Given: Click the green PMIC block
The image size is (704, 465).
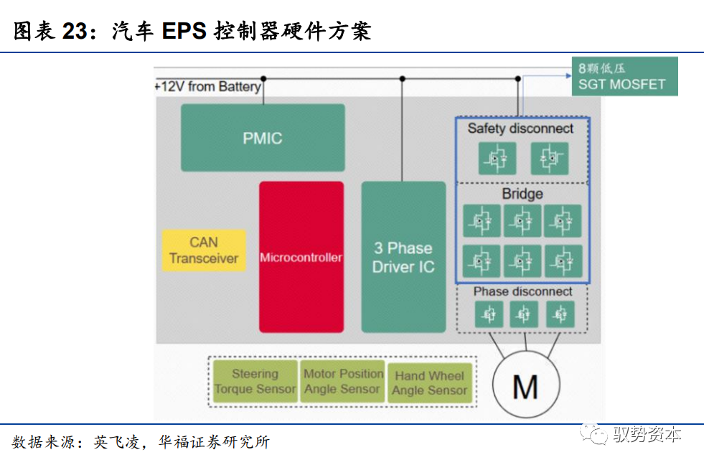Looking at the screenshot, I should tap(263, 138).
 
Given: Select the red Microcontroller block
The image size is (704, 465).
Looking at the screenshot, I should tap(301, 257).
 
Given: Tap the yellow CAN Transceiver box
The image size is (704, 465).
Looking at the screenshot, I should tap(204, 250).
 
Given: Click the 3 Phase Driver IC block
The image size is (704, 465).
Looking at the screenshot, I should tap(403, 257).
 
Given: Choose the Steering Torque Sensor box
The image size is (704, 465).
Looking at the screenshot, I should tap(255, 381).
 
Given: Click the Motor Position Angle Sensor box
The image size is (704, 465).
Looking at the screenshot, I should tap(343, 381).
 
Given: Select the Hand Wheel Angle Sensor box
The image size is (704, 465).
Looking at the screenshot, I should tap(429, 382).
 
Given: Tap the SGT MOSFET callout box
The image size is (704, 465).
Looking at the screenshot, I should tap(623, 77).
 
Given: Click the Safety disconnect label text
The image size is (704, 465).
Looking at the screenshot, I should tap(520, 128).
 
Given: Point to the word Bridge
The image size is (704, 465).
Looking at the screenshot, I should tap(522, 194).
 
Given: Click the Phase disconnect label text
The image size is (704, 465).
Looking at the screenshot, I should tap(522, 291).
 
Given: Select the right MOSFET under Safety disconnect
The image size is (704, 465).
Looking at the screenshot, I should tap(549, 158).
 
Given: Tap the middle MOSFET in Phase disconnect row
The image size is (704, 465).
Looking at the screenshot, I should tap(524, 314).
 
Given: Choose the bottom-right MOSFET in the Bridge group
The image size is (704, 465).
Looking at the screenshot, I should tap(563, 262).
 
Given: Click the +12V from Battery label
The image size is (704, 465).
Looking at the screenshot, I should tap(208, 87).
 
